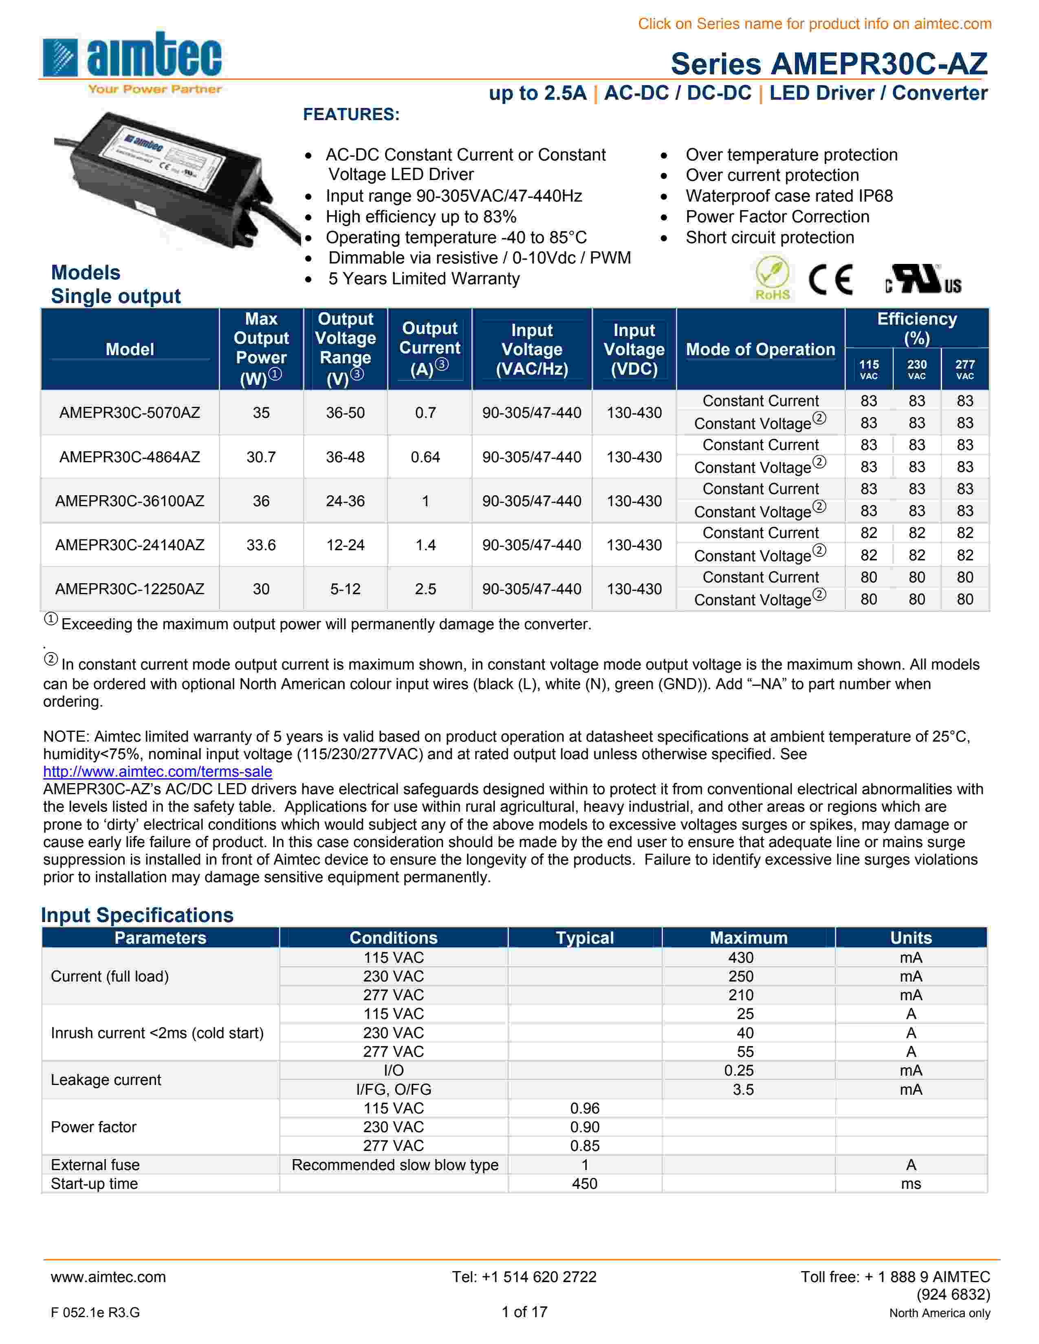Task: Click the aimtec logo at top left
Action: coord(132,61)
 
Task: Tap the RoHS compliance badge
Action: coord(773,280)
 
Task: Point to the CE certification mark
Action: coord(830,281)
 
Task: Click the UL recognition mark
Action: coord(923,280)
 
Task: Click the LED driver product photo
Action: coord(176,178)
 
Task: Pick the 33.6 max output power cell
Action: coord(261,545)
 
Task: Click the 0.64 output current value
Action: coord(425,457)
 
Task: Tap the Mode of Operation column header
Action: coord(760,349)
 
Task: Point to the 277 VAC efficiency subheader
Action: coord(964,369)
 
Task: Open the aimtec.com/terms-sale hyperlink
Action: coord(158,772)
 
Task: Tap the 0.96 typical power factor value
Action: coord(584,1108)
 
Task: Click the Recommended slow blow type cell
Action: coord(394,1165)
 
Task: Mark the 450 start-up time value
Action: coord(584,1184)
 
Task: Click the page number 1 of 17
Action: coord(524,1312)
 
